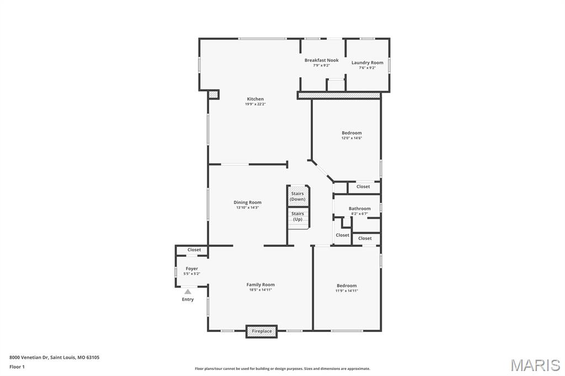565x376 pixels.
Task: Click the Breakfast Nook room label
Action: (321, 60)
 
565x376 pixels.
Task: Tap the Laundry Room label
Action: (367, 62)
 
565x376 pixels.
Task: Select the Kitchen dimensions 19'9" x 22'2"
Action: (255, 104)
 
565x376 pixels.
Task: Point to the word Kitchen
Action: (255, 99)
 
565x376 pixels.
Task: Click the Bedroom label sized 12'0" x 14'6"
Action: (351, 133)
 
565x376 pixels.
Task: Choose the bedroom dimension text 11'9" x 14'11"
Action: (347, 291)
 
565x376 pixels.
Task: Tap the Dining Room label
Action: (247, 202)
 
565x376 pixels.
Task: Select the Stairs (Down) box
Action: (297, 196)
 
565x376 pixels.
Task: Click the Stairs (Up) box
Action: (297, 216)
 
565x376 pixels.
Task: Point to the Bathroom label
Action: (360, 208)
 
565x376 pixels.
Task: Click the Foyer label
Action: (191, 268)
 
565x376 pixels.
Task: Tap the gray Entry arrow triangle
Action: (188, 292)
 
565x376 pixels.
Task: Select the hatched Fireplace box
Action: (262, 331)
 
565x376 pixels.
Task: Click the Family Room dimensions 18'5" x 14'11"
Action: (260, 290)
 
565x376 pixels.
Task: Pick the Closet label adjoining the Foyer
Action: (194, 250)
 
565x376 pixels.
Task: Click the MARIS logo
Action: (535, 365)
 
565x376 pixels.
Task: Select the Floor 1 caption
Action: (17, 367)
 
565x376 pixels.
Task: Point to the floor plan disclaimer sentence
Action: (282, 369)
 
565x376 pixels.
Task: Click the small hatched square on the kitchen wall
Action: (214, 95)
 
